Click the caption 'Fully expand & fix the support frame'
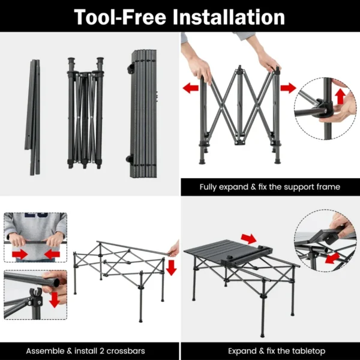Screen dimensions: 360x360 (269, 187)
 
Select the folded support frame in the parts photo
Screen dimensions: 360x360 (84, 113)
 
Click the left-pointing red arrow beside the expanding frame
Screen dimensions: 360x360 (190, 88)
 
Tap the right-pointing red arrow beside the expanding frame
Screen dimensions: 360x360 (288, 88)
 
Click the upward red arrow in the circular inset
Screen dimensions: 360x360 (340, 96)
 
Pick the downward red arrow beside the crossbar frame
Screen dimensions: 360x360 (172, 268)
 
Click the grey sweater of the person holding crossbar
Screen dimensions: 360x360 (35, 225)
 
